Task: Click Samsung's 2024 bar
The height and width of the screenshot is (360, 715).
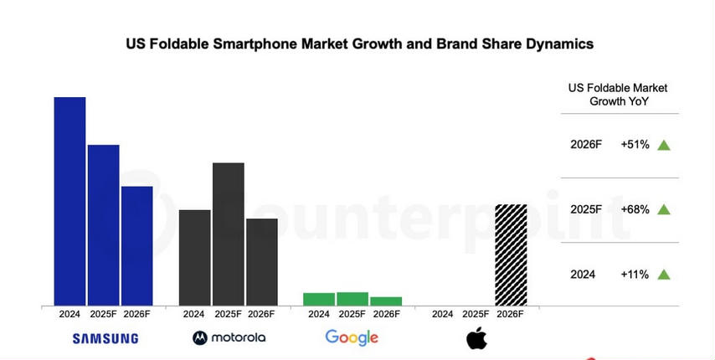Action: tap(69, 201)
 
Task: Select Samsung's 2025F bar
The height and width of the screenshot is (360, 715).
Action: tap(103, 224)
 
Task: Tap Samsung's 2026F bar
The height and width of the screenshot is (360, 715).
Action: tap(136, 245)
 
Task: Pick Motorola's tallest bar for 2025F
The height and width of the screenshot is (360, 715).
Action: tap(228, 234)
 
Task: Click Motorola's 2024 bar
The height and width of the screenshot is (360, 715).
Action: tap(194, 257)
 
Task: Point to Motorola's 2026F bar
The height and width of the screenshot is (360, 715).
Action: tap(261, 261)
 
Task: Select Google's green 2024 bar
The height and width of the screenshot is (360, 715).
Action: tap(318, 299)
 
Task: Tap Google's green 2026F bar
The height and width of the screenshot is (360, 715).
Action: tap(385, 301)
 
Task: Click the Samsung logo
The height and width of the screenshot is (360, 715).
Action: tap(105, 338)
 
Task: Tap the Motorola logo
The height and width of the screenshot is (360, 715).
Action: tap(229, 337)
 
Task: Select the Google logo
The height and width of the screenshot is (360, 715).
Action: tap(352, 337)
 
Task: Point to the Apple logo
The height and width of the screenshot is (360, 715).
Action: tap(476, 338)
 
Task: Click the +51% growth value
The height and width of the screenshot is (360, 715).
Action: tap(635, 145)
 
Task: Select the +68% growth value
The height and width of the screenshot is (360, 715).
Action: tap(635, 209)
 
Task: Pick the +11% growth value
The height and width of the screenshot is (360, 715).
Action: tap(635, 274)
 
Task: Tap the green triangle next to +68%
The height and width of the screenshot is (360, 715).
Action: tap(664, 209)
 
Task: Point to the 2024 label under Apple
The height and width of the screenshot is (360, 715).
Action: tap(442, 314)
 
